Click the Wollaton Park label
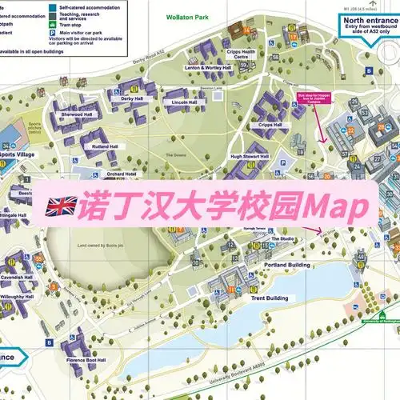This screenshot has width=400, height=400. tap(189, 16)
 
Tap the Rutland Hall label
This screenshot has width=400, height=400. tap(104, 147)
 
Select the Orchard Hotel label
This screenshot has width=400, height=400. tap(120, 173)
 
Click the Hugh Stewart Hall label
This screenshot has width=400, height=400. tap(247, 156)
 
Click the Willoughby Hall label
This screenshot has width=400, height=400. tap(18, 296)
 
